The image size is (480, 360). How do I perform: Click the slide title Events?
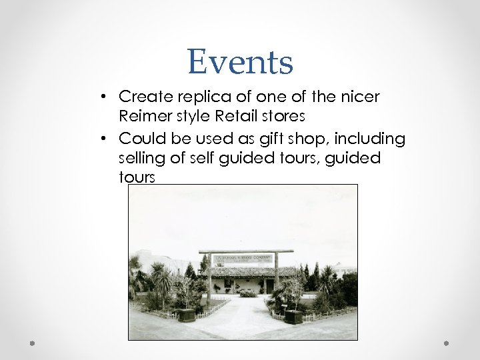click(x=240, y=61)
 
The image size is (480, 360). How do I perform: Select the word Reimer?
click(x=141, y=117)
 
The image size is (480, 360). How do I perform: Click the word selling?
click(x=142, y=158)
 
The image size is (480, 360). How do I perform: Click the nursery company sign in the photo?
click(x=243, y=259)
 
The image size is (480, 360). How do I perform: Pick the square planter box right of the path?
click(x=293, y=317)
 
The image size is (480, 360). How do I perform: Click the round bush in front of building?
click(x=247, y=293)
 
